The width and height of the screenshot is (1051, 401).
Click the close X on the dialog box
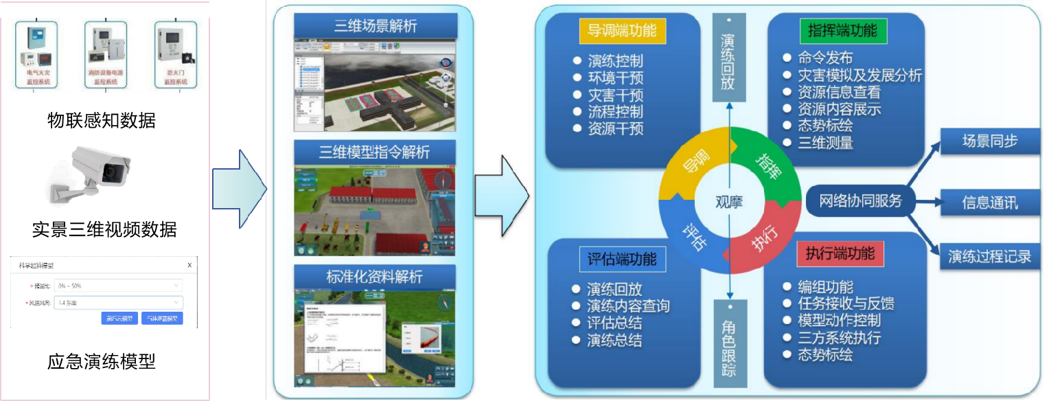pos(189,265)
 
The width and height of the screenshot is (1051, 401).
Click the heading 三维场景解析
pos(376,26)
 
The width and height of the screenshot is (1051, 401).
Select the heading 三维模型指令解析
pos(376,150)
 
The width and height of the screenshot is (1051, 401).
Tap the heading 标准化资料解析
pos(376,277)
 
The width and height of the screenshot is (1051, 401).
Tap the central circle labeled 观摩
pos(730,202)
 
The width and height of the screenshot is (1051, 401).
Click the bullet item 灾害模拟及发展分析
pos(859,75)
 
